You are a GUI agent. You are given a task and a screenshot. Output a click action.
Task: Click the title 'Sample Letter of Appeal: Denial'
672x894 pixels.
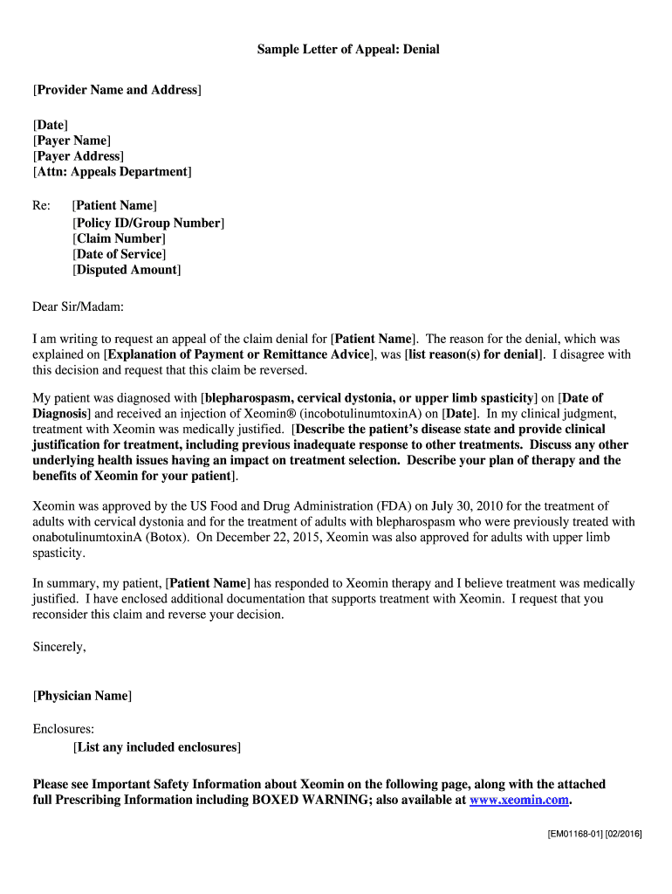[347, 50]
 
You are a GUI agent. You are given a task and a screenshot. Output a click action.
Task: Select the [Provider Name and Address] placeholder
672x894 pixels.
[117, 90]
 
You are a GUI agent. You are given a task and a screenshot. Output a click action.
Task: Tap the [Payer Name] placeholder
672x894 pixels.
[72, 141]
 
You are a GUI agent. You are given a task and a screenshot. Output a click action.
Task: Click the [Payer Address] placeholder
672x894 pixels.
[78, 156]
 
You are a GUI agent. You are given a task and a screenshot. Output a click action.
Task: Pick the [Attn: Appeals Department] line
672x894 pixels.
[112, 172]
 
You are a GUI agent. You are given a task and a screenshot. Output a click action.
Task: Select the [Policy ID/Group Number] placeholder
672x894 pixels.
[148, 223]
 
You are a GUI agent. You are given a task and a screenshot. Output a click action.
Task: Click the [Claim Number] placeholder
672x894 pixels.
[119, 238]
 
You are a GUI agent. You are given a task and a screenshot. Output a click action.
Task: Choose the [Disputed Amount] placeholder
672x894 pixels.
[127, 270]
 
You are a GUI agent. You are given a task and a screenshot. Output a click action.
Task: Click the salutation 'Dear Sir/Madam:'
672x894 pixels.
[79, 306]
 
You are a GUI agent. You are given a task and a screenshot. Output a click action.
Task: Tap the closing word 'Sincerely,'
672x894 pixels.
[59, 647]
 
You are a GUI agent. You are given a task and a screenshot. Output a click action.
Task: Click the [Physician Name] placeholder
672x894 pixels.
[82, 696]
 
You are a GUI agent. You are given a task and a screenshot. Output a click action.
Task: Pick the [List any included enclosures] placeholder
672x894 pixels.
[157, 747]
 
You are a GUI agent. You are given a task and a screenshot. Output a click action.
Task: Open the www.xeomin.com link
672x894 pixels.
[519, 800]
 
